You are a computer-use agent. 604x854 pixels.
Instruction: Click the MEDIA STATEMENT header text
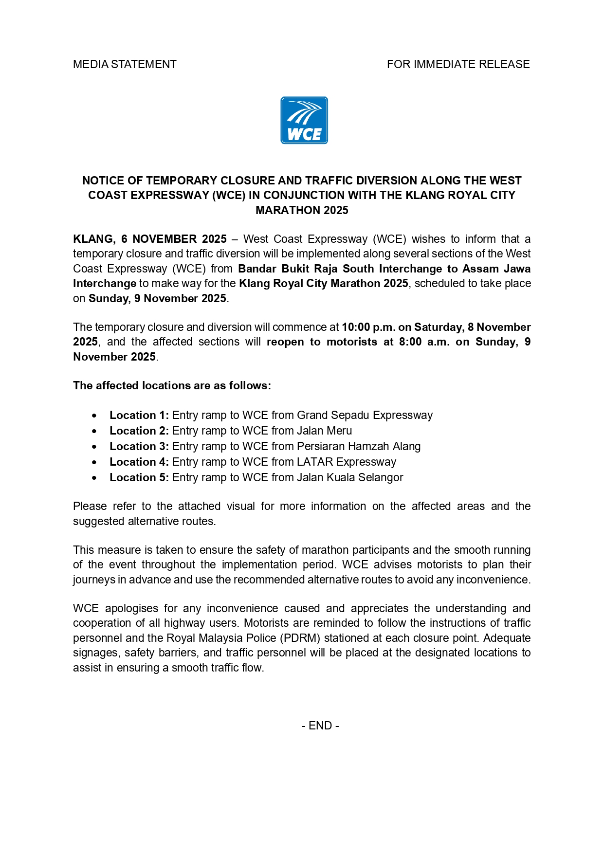(125, 64)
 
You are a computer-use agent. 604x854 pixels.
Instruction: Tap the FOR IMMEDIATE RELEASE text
(458, 64)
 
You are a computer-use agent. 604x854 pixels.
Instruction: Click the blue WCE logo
(304, 120)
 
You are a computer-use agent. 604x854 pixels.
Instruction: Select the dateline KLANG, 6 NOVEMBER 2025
(150, 239)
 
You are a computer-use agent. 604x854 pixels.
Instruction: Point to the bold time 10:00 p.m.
(368, 327)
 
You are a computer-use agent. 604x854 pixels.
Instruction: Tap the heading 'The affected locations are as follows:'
(172, 385)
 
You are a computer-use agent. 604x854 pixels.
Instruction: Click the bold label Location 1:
(139, 415)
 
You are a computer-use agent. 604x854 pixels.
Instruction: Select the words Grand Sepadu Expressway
(365, 415)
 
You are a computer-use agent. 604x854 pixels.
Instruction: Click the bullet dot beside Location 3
(94, 447)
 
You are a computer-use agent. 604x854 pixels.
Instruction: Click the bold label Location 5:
(139, 477)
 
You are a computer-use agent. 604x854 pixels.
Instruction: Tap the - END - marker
(320, 726)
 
